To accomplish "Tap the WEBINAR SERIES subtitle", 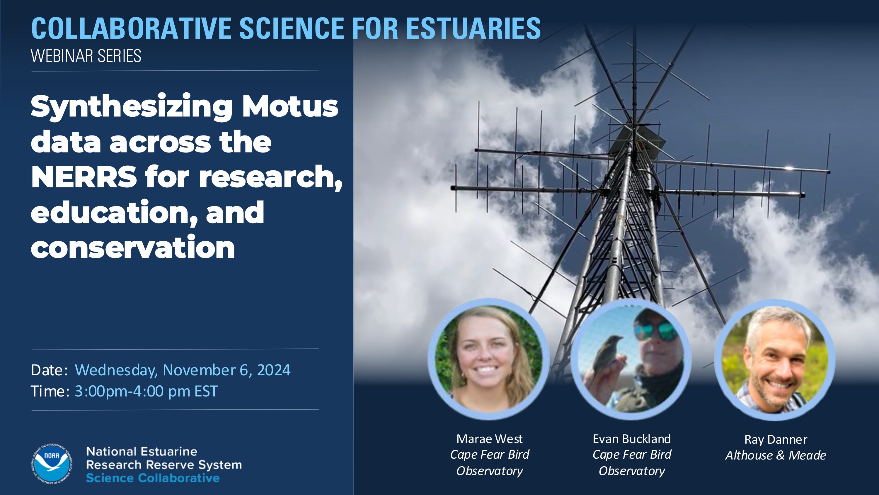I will pos(86,56).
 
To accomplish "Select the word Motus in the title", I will pos(290,106).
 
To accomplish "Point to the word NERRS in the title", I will pos(84,177).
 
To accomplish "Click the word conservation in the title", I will pos(133,247).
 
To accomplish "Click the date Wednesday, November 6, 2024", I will pos(183,370).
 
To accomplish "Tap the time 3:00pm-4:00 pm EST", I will pos(146,391).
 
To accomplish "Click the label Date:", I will pos(49,370).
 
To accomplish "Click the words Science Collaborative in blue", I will pos(153,478).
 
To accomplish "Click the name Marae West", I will pos(489,439).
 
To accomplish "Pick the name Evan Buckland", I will pos(632,439).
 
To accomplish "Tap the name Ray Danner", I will pos(776,439).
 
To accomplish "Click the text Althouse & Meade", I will pos(776,455).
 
